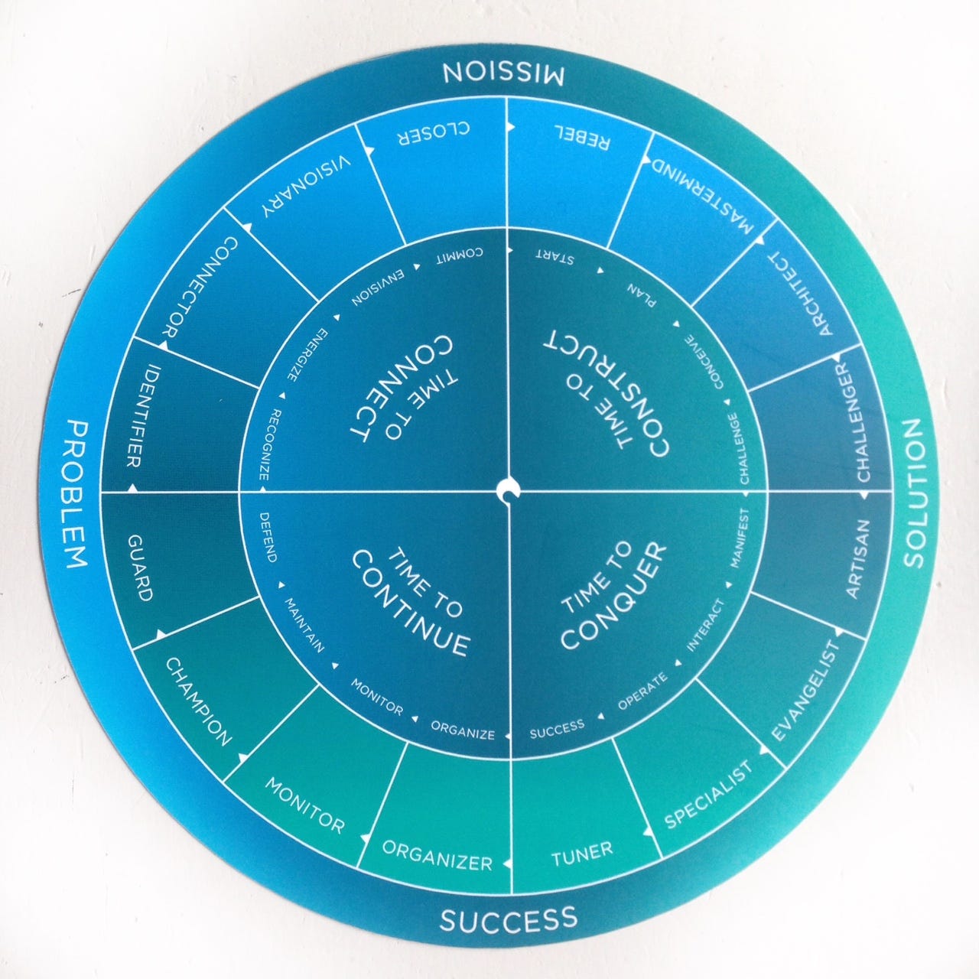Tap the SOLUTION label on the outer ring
[x=915, y=493]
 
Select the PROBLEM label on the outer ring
[x=76, y=493]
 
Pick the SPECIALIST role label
[x=708, y=795]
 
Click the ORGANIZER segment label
[x=437, y=855]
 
